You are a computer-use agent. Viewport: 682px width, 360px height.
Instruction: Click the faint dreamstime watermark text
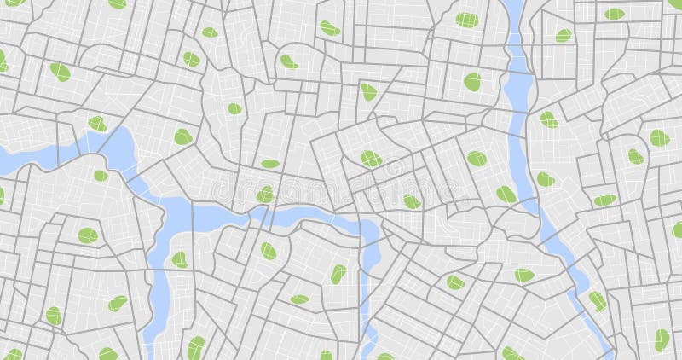pos(341,185)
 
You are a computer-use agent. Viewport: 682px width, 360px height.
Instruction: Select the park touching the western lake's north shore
pos(98,124)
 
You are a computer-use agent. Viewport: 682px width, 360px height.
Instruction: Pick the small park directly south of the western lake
pos(101,176)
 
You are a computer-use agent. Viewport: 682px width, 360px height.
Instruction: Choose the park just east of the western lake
pos(182,136)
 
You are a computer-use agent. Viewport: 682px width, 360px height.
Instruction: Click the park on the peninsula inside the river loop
pos(180,259)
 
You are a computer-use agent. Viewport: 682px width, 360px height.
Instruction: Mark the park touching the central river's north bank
pos(265,195)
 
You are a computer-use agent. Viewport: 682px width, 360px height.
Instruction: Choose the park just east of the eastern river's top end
pos(563,35)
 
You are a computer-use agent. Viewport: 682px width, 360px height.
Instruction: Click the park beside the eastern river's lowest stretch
pos(597,300)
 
